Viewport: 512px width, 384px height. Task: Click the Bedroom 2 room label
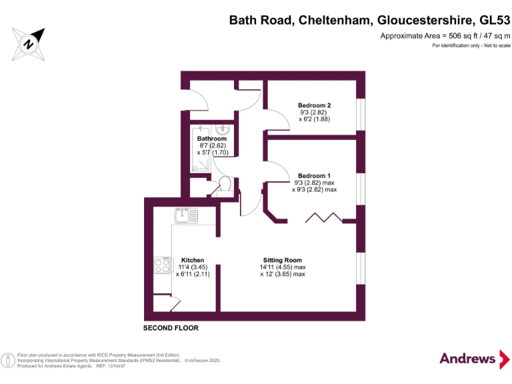pos(314,105)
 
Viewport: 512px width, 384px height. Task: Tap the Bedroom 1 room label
pos(314,175)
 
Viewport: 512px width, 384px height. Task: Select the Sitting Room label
pos(282,260)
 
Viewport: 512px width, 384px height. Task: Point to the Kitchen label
pos(193,260)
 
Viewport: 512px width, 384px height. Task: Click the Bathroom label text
pos(211,139)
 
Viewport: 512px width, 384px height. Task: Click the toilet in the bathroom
pos(225,184)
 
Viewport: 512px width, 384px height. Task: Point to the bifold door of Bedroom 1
pos(322,218)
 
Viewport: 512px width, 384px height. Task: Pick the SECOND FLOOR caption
pos(171,329)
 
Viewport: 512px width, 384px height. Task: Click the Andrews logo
pos(467,358)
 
